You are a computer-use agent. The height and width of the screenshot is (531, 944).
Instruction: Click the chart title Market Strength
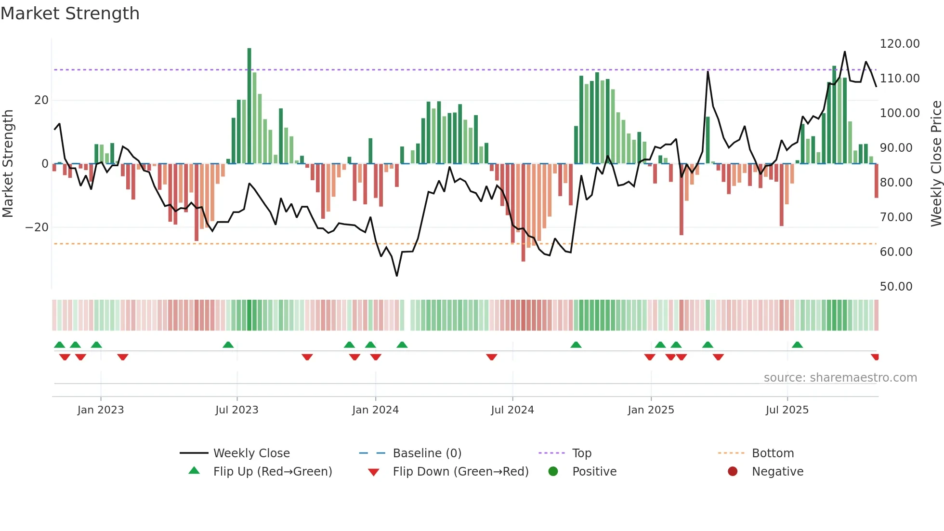(x=70, y=13)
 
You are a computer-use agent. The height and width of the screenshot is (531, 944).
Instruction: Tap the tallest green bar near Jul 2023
(x=249, y=106)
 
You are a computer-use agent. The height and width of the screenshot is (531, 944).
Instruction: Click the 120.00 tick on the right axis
(x=899, y=44)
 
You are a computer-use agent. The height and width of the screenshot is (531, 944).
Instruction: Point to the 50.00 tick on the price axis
(x=896, y=287)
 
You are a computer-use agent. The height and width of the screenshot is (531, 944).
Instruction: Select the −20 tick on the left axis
(x=37, y=227)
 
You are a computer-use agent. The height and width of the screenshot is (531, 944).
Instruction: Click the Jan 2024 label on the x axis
(x=375, y=410)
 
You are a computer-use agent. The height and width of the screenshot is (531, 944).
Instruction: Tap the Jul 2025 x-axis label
(x=787, y=410)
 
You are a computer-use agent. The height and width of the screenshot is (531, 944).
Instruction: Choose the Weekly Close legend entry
(x=251, y=453)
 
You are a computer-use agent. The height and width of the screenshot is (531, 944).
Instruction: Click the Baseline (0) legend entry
(x=427, y=453)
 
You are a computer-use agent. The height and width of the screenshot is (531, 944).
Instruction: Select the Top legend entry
(x=581, y=453)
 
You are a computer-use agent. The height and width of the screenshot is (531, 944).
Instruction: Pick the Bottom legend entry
(x=773, y=453)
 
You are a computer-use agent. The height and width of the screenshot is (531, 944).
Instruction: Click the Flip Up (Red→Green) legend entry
(x=272, y=472)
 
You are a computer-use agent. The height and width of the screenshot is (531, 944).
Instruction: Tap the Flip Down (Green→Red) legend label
(x=460, y=472)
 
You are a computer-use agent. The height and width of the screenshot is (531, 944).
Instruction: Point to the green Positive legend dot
(x=553, y=471)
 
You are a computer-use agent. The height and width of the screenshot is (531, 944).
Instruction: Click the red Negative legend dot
(x=733, y=471)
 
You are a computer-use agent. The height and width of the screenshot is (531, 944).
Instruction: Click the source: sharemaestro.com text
(x=840, y=378)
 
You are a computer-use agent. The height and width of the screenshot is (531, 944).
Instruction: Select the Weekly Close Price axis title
(x=936, y=164)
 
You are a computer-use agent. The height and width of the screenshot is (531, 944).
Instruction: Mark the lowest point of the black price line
(x=397, y=276)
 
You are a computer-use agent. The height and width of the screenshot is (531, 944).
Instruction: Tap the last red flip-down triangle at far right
(x=875, y=357)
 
